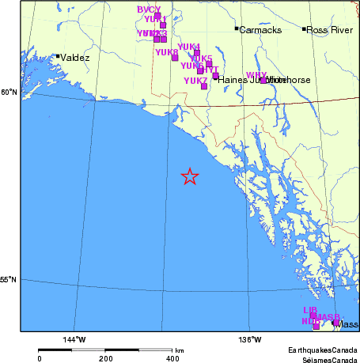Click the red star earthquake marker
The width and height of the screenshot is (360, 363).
190,176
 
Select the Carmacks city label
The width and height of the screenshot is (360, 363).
256,30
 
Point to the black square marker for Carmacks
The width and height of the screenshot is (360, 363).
237,29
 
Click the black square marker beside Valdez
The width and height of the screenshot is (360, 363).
58,56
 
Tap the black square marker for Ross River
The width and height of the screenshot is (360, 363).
304,29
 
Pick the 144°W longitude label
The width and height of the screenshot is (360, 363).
74,339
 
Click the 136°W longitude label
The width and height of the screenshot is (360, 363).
251,339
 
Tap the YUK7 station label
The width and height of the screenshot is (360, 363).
195,81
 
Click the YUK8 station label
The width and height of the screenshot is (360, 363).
166,52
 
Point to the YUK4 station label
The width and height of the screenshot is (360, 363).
189,47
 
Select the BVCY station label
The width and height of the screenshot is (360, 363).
149,9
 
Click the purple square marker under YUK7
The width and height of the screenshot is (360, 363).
204,86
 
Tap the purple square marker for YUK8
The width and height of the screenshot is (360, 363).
175,58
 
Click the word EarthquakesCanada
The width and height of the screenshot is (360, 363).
316,349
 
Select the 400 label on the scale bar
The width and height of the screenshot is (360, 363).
172,358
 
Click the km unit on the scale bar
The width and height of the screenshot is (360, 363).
180,350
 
